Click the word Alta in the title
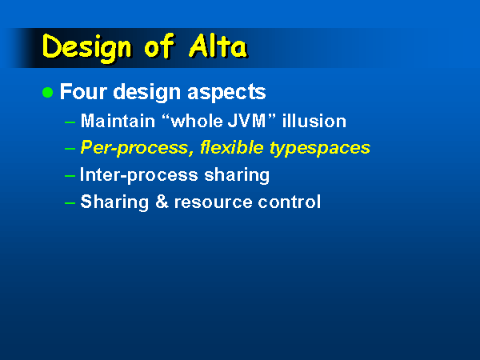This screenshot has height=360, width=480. (218, 46)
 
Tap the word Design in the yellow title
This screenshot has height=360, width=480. (87, 47)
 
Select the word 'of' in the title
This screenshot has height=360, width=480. (159, 46)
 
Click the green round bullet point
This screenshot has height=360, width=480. (48, 92)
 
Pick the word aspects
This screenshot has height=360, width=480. (226, 93)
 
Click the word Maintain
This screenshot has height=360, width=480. (118, 121)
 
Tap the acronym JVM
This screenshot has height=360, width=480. (246, 121)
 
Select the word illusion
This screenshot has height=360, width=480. (314, 121)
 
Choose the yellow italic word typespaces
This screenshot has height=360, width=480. (320, 149)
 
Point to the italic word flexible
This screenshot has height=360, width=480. (232, 147)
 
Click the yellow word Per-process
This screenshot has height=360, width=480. (137, 149)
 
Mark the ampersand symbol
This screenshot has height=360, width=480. (162, 202)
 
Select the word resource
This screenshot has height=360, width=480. (213, 202)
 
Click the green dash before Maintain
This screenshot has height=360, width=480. (70, 122)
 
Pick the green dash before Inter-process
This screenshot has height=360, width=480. (70, 176)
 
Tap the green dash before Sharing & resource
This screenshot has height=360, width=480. (70, 203)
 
